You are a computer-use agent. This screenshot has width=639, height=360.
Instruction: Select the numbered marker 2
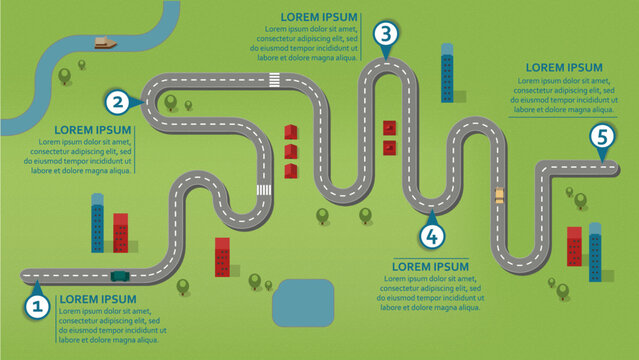(118, 100)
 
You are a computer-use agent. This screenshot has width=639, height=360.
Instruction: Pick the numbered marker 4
(431, 236)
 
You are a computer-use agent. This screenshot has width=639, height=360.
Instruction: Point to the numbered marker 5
(600, 137)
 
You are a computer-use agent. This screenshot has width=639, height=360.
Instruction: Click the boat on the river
(105, 42)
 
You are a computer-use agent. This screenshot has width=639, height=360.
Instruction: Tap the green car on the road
(120, 274)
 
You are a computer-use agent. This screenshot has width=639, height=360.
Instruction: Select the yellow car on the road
(499, 195)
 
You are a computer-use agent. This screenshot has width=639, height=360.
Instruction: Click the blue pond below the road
(303, 301)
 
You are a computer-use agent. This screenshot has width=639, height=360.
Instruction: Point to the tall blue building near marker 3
(447, 74)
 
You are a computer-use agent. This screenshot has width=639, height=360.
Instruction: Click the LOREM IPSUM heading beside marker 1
(96, 298)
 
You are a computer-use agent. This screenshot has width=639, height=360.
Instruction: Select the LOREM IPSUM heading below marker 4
(430, 266)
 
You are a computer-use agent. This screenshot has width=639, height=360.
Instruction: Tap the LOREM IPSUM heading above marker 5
(564, 68)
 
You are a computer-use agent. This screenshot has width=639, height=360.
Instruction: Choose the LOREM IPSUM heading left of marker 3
(321, 17)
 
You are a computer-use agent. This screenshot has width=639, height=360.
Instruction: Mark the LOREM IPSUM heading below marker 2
(93, 129)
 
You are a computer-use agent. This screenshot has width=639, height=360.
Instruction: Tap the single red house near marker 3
(388, 128)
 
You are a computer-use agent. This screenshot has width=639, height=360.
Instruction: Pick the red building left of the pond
(222, 256)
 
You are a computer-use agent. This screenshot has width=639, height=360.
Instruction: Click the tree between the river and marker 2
(66, 73)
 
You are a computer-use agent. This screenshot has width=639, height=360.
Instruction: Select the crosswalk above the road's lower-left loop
(264, 189)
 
